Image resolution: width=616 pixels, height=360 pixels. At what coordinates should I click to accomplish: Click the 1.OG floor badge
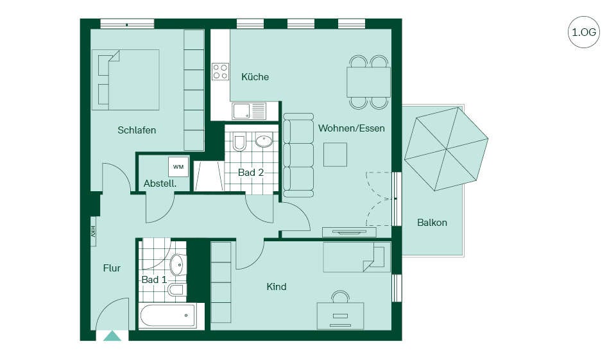[583, 32]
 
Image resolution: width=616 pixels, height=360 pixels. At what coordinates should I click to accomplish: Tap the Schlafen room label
[137, 130]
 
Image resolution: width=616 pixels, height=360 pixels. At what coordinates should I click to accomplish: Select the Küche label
[255, 76]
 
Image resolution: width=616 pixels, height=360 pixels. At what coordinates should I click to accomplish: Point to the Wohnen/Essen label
[351, 128]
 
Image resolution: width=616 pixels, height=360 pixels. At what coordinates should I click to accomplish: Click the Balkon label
[432, 223]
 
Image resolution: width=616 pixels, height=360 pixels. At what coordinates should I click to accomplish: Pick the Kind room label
[276, 286]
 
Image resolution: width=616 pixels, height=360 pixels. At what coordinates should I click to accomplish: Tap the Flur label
[112, 268]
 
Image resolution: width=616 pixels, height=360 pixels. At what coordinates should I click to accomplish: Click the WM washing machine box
[178, 167]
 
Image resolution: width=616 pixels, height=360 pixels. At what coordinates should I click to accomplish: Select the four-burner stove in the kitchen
[220, 71]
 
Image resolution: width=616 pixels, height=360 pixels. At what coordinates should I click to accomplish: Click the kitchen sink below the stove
[249, 111]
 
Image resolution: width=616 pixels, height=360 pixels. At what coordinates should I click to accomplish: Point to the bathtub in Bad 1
[167, 316]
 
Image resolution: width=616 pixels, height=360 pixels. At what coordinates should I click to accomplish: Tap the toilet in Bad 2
[239, 142]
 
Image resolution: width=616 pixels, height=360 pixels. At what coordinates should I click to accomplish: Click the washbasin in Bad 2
[264, 141]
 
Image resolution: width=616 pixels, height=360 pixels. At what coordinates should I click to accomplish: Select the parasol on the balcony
[447, 149]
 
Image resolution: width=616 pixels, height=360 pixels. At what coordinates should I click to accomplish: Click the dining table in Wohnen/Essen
[368, 81]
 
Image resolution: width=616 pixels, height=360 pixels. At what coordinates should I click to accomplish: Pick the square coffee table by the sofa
[335, 155]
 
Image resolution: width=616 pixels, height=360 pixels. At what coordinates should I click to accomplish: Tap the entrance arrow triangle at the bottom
[112, 336]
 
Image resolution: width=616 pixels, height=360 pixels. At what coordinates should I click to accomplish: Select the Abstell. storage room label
[160, 184]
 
